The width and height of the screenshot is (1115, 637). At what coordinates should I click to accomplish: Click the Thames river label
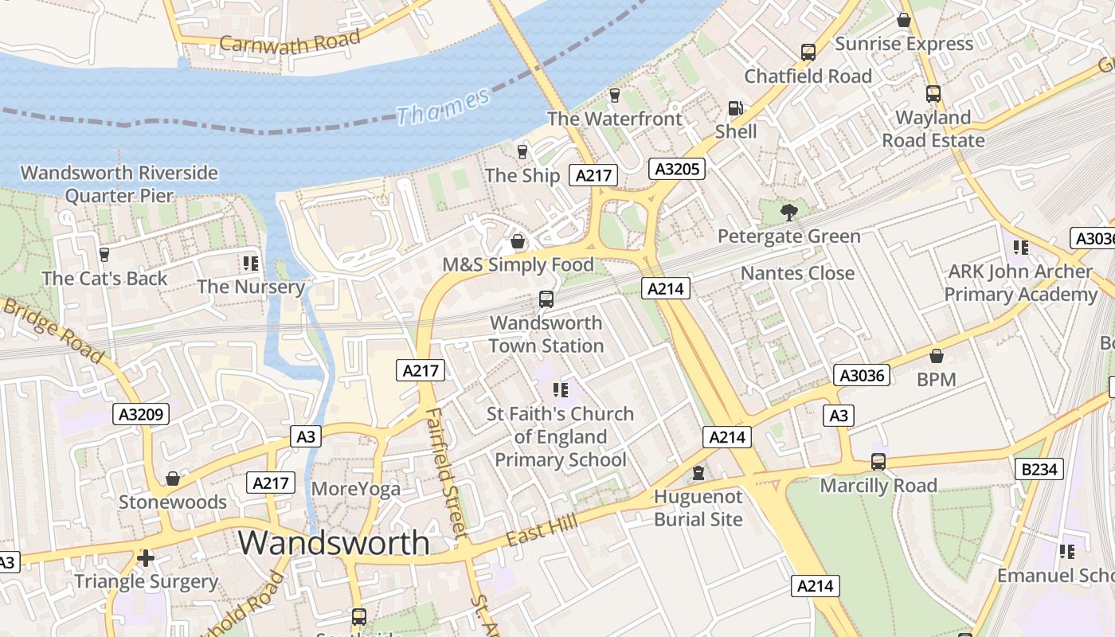443,107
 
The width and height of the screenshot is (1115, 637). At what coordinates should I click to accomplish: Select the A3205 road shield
676,169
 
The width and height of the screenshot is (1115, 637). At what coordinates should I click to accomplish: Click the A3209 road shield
142,414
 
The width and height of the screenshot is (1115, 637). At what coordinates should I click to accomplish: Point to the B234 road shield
1039,469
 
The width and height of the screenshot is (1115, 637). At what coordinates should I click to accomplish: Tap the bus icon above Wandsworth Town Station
546,299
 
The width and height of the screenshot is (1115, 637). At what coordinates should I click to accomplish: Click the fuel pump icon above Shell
735,108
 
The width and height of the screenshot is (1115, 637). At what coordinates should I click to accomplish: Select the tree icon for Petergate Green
788,213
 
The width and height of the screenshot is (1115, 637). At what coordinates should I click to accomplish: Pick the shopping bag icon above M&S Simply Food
518,241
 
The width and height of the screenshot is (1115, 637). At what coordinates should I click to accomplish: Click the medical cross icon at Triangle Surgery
145,558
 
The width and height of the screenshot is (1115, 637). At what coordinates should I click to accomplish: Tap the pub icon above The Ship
522,151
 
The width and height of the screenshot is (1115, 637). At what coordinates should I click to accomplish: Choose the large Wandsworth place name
334,542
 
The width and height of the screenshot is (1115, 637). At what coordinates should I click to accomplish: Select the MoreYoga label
356,488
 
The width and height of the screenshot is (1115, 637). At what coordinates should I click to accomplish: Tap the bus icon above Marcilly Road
878,462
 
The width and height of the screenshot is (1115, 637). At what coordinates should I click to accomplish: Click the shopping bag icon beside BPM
936,356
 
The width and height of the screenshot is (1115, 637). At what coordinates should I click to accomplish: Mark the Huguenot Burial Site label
698,508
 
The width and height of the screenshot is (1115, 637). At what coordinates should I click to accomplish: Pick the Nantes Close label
797,273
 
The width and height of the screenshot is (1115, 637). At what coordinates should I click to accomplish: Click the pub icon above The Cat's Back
104,255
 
